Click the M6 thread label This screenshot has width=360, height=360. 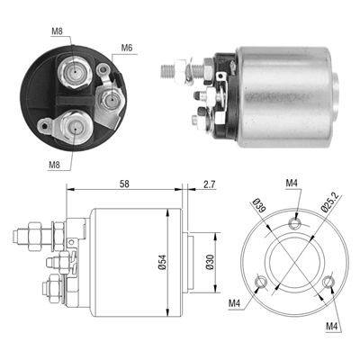(127, 48)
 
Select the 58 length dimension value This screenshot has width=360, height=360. (124, 184)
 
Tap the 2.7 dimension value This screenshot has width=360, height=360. (209, 184)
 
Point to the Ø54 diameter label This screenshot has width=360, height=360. (162, 262)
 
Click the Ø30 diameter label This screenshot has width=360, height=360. (211, 262)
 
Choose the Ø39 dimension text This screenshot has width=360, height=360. (259, 205)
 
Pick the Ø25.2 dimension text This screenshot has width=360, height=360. (328, 203)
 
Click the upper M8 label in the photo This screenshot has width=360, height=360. (57, 31)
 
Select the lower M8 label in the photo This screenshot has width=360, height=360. (54, 165)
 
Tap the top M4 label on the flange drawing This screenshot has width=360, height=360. (292, 183)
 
